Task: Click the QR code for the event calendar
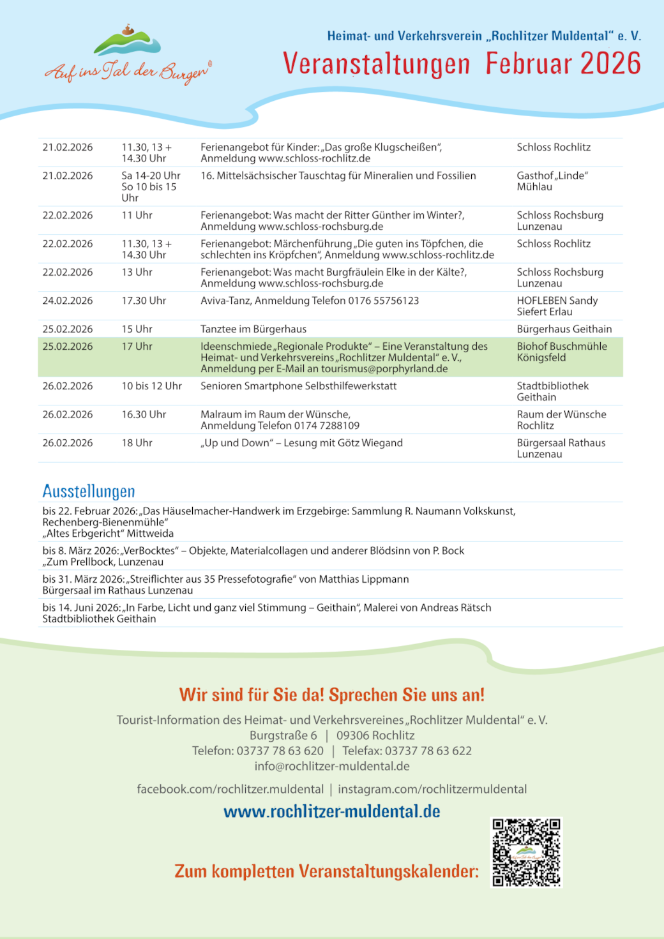pyautogui.click(x=525, y=852)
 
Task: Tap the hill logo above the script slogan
pyautogui.click(x=127, y=42)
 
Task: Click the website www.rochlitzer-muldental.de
pyautogui.click(x=331, y=811)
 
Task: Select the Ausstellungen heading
pyautogui.click(x=89, y=491)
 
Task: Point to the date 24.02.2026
pyautogui.click(x=68, y=301)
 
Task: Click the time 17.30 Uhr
pyautogui.click(x=144, y=301)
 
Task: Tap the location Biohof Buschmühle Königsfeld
pyautogui.click(x=561, y=352)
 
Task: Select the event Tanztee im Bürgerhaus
pyautogui.click(x=253, y=329)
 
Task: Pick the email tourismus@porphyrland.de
pyautogui.click(x=384, y=369)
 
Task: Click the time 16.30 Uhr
pyautogui.click(x=144, y=415)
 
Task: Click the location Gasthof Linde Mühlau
pyautogui.click(x=552, y=181)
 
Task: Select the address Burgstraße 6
pyautogui.click(x=283, y=735)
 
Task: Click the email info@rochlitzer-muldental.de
pyautogui.click(x=332, y=766)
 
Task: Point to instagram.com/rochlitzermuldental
pyautogui.click(x=432, y=789)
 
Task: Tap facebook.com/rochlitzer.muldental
pyautogui.click(x=230, y=789)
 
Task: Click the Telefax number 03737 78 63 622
pyautogui.click(x=428, y=751)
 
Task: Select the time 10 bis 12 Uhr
pyautogui.click(x=152, y=386)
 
